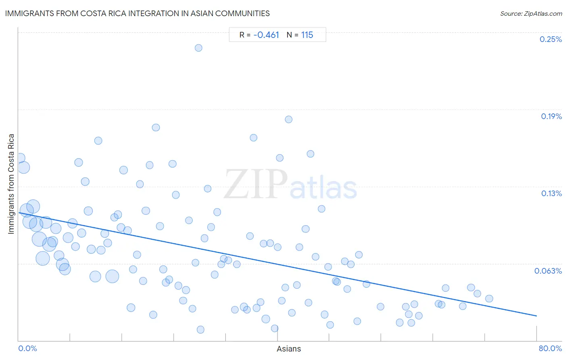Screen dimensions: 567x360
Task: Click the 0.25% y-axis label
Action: click(x=550, y=39)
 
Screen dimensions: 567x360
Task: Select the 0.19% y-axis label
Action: click(x=551, y=116)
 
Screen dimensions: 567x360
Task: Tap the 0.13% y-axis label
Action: click(x=551, y=194)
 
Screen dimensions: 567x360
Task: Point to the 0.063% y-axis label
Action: click(x=548, y=271)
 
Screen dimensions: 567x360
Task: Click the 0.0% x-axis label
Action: click(x=27, y=348)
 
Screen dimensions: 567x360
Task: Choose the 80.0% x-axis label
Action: click(x=550, y=348)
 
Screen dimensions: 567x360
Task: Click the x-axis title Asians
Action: click(x=289, y=349)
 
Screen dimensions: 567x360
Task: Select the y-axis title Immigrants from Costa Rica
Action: click(x=11, y=184)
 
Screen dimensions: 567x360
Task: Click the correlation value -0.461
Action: click(x=266, y=35)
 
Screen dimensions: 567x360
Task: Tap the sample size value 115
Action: click(x=307, y=35)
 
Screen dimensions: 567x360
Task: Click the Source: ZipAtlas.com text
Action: click(x=531, y=14)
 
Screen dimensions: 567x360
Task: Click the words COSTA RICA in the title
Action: click(x=103, y=13)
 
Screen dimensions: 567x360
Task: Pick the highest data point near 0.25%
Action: click(x=198, y=48)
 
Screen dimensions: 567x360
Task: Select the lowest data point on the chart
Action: click(x=200, y=330)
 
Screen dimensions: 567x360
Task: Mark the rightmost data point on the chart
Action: click(x=489, y=299)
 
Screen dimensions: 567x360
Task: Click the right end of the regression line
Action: click(x=536, y=316)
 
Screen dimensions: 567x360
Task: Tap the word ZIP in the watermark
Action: click(x=256, y=184)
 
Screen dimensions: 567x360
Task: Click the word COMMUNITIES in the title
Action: click(x=242, y=13)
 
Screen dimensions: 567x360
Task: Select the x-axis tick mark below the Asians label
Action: click(x=277, y=337)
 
